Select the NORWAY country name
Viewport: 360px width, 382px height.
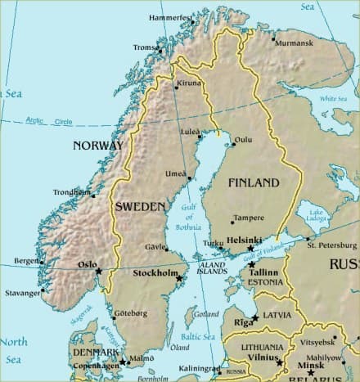click(x=98, y=146)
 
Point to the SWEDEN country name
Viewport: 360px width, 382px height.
click(x=140, y=207)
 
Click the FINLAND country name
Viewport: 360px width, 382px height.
click(x=254, y=182)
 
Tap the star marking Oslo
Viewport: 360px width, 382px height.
click(x=99, y=271)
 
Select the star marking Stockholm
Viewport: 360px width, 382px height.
click(x=180, y=279)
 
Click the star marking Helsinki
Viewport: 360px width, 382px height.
click(x=251, y=248)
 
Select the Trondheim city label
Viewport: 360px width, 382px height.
click(x=71, y=192)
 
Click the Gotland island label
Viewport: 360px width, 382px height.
click(x=208, y=313)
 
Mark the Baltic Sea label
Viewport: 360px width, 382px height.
click(x=197, y=336)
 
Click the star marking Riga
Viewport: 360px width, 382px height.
click(x=255, y=317)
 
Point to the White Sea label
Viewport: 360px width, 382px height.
click(x=333, y=99)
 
